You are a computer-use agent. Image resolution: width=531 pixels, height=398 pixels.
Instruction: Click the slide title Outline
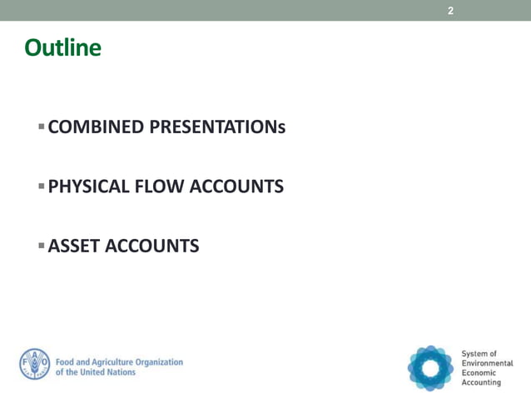tap(62, 48)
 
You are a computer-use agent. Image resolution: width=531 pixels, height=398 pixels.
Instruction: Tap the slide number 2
tap(450, 11)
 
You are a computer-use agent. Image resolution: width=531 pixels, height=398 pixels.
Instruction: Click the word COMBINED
tap(97, 127)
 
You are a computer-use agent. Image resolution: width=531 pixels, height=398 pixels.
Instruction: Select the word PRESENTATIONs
tap(218, 127)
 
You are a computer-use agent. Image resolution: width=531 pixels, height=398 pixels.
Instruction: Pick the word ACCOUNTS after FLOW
tap(238, 187)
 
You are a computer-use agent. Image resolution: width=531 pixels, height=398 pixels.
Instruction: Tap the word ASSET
tap(73, 246)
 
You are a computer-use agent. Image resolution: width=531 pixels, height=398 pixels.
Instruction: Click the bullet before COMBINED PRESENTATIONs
tap(41, 127)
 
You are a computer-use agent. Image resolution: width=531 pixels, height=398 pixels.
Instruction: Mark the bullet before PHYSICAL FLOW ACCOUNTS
tap(41, 186)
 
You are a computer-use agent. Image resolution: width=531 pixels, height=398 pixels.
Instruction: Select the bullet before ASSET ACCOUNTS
tap(41, 246)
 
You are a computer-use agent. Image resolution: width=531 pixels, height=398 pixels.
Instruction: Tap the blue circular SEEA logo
tap(430, 366)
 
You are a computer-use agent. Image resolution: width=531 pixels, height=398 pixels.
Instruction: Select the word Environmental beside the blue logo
tap(488, 364)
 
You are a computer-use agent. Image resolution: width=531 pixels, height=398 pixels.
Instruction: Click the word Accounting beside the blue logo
tap(484, 383)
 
